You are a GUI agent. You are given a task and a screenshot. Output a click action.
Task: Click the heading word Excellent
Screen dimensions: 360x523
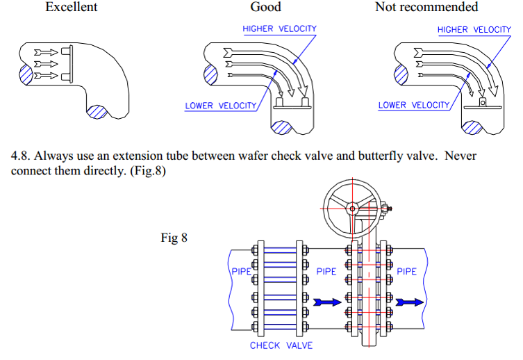pos(72,8)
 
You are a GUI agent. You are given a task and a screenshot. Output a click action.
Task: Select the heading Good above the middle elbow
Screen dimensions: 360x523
pos(265,8)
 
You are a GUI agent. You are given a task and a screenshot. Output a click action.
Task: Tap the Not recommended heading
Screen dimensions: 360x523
pos(426,8)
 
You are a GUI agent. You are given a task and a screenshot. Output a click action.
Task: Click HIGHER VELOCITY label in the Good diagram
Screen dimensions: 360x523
pos(279,29)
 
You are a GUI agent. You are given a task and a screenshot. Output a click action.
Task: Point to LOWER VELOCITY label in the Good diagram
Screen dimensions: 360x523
pos(220,106)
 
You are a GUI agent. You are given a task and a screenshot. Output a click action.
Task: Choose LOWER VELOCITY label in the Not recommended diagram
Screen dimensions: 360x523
pos(414,106)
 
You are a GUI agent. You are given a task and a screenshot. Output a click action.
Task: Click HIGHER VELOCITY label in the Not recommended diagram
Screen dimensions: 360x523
pos(474,29)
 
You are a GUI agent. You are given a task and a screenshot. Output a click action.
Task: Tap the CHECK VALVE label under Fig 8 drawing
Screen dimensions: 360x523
pos(281,345)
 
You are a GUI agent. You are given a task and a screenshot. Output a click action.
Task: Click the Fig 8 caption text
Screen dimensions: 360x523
pos(174,238)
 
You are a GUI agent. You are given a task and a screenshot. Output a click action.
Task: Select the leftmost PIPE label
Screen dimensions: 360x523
pos(240,271)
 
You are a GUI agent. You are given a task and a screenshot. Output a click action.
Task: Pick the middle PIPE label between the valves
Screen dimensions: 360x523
pos(326,271)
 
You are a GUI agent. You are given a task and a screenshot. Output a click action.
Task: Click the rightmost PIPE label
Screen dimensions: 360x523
pos(407,271)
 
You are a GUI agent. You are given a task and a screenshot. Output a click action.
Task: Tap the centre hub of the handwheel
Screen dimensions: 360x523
pos(353,208)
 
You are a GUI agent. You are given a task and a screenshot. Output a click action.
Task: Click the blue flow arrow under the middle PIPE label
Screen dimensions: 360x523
pos(327,302)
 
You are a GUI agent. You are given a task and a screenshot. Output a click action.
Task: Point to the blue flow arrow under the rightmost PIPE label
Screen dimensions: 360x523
pos(409,302)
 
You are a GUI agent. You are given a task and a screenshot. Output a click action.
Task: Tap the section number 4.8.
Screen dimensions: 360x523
pos(21,156)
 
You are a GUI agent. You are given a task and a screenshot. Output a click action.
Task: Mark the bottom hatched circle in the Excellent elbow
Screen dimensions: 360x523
pos(97,111)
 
